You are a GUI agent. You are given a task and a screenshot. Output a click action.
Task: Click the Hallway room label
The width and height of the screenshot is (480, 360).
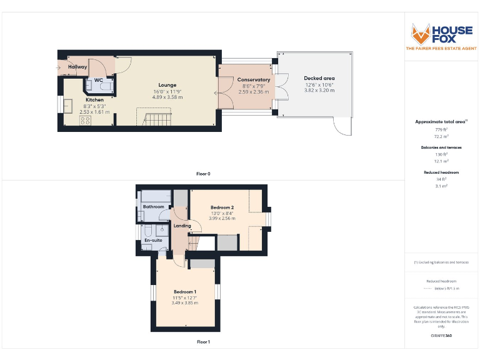pyautogui.click(x=77, y=67)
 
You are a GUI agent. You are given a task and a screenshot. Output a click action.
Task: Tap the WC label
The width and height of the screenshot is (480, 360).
pyautogui.click(x=98, y=80)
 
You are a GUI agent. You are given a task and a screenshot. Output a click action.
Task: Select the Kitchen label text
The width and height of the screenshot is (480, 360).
pyautogui.click(x=94, y=100)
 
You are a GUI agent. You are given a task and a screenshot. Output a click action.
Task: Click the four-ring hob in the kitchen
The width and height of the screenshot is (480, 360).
pyautogui.click(x=85, y=121)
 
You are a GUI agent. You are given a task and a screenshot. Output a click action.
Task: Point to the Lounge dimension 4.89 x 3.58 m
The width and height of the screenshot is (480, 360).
pyautogui.click(x=167, y=97)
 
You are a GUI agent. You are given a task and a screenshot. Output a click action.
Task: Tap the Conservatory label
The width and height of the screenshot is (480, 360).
pyautogui.click(x=254, y=80)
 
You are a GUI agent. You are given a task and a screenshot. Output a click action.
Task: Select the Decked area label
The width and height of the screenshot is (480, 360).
pyautogui.click(x=319, y=78)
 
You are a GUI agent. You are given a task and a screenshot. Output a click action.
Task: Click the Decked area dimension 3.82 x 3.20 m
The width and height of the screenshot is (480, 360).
pyautogui.click(x=319, y=91)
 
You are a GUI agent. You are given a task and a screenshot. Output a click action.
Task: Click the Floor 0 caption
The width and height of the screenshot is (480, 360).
pyautogui.click(x=203, y=173)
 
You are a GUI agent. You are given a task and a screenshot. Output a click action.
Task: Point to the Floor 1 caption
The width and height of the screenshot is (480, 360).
pyautogui.click(x=203, y=342)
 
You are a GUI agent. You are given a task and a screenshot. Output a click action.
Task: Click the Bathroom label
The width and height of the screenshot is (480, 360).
pyautogui.click(x=153, y=207)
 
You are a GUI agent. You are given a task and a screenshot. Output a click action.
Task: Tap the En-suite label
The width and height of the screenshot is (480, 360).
pyautogui.click(x=152, y=240)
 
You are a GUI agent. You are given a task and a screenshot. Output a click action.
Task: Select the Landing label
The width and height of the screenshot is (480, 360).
pyautogui.click(x=182, y=226)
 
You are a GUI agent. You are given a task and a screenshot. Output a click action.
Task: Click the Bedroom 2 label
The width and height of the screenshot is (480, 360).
pyautogui.click(x=222, y=207)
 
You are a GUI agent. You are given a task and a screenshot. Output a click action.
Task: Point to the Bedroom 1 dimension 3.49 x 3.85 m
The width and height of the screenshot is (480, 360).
pyautogui.click(x=185, y=304)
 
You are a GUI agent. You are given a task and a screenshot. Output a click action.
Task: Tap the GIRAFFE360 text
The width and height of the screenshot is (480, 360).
pyautogui.click(x=441, y=336)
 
